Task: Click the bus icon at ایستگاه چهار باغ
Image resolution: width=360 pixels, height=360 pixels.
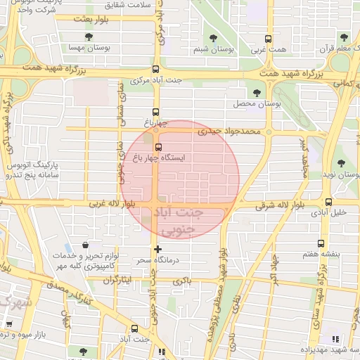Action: coord(158,148)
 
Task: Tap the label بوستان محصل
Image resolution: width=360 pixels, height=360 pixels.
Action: coord(257,103)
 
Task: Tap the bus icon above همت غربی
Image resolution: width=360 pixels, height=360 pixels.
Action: coord(267,39)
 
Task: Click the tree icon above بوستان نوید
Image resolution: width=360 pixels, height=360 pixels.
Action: coord(341,163)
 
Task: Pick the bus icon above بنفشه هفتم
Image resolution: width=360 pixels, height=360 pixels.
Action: coord(321,244)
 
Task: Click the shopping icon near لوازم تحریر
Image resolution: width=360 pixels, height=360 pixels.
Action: coord(85,246)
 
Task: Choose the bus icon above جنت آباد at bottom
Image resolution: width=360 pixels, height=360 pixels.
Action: coord(134,328)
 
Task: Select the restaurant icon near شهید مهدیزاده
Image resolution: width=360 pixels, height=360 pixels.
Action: coord(334,339)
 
